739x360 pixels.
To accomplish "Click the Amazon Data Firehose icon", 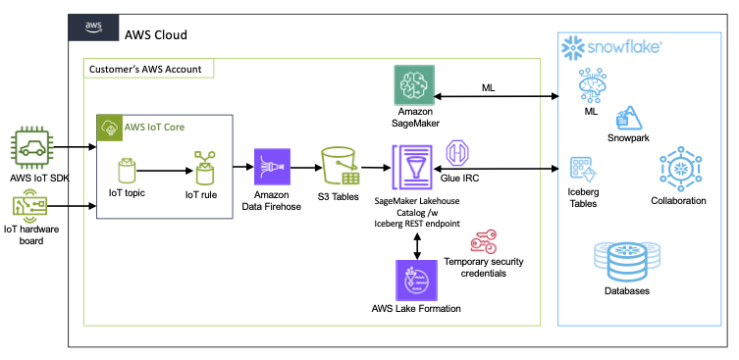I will pos(273,167).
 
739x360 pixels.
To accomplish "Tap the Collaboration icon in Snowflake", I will pos(678,169).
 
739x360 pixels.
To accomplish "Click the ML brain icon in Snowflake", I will pos(591,89).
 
